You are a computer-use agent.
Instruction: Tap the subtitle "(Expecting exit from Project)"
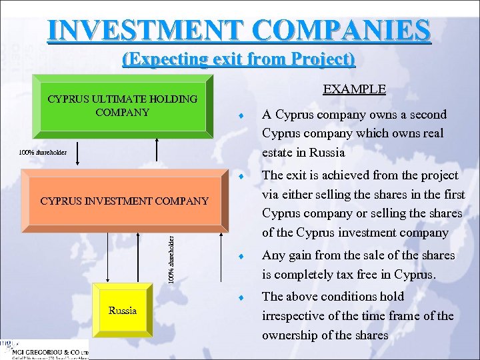click(239, 59)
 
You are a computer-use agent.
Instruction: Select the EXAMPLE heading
click(354, 89)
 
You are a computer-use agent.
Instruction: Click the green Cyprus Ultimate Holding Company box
click(123, 105)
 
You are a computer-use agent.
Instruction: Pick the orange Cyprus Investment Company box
click(124, 201)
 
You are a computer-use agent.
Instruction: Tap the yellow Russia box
click(123, 311)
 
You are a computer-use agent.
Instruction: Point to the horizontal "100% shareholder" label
click(42, 152)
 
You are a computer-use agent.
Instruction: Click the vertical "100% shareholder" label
click(171, 255)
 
